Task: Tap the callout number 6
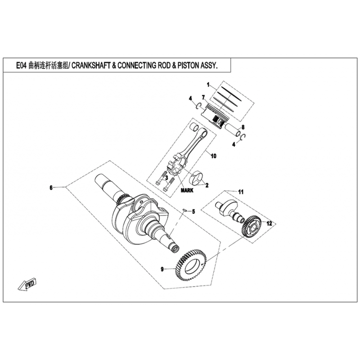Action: pos(51,188)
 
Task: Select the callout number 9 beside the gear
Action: pos(162,269)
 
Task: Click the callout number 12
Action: pos(269,223)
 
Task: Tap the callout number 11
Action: pos(241,192)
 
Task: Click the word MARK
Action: pos(187,190)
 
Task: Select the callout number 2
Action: pos(207,185)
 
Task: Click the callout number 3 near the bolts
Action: pos(166,177)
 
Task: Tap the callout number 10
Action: pos(213,156)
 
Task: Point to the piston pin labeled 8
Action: pos(233,129)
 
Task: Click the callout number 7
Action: pos(203,98)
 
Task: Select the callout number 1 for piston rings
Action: pos(208,85)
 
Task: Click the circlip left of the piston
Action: pos(199,106)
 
